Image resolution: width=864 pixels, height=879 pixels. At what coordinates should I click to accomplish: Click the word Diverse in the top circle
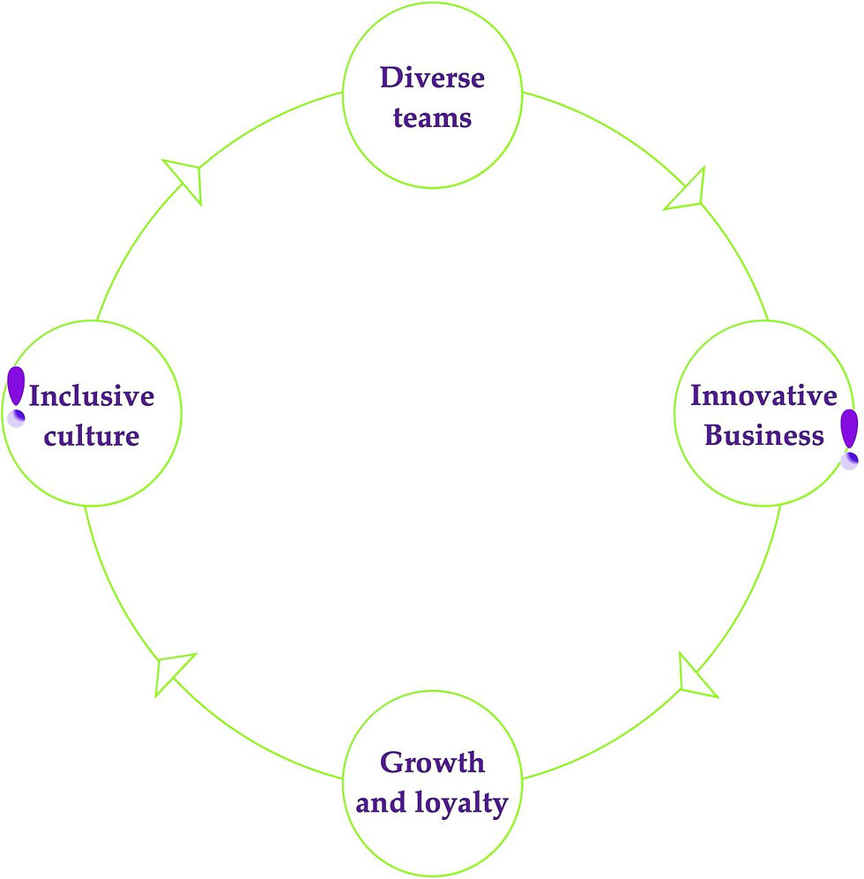click(432, 78)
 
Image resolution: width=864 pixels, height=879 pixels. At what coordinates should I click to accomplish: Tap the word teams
click(432, 116)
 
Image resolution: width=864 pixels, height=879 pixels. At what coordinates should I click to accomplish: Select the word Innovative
click(763, 395)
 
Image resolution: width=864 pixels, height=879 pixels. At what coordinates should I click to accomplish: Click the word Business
click(764, 435)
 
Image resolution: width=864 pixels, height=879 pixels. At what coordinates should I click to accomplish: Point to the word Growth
click(432, 762)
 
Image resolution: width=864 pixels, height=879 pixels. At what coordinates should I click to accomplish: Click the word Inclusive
click(92, 395)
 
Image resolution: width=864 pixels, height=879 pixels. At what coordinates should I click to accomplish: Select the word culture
click(92, 435)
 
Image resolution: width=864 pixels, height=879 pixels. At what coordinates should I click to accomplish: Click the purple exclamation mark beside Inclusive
click(16, 387)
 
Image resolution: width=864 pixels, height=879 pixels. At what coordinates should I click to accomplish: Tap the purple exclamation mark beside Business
click(849, 429)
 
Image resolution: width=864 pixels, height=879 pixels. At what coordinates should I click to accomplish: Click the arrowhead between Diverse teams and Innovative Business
click(688, 189)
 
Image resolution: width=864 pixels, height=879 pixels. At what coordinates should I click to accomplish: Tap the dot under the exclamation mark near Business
click(849, 460)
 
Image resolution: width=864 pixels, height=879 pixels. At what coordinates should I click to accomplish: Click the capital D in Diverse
click(390, 78)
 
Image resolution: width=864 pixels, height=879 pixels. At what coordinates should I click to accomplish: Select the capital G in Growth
click(391, 762)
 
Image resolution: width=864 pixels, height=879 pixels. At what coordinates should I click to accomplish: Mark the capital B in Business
click(715, 435)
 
